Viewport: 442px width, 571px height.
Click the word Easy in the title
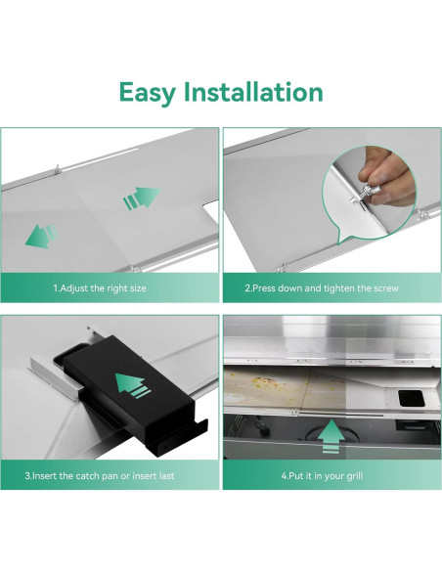147,93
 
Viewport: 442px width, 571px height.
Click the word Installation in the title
253,92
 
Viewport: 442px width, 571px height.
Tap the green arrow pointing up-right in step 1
142,198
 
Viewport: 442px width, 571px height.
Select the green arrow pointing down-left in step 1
42,236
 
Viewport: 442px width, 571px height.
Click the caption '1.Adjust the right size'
100,288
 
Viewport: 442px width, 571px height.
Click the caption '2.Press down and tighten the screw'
322,288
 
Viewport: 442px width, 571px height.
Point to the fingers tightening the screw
386,175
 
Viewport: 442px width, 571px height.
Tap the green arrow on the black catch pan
133,385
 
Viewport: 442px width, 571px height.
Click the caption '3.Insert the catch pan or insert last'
100,476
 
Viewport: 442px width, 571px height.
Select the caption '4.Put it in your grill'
322,476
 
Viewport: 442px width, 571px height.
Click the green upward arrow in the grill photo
331,437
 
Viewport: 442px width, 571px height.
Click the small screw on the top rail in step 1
57,169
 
